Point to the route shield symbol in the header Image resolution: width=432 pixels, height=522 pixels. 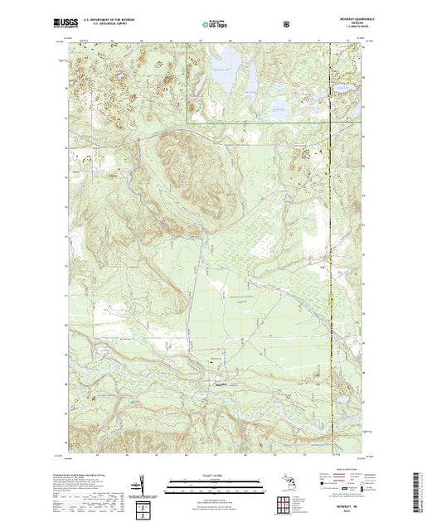[x=287, y=24]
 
